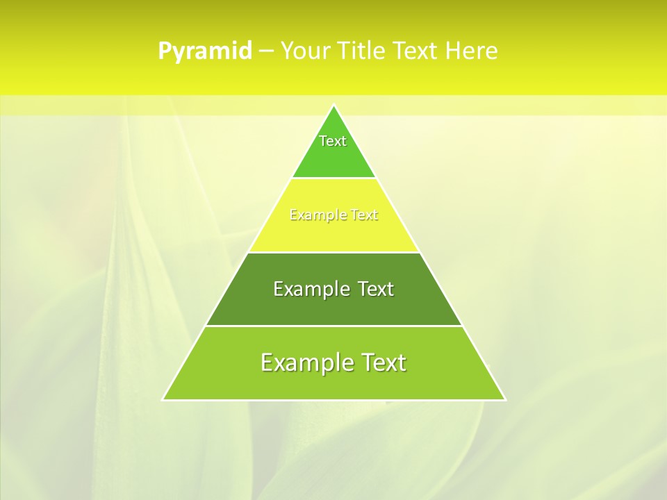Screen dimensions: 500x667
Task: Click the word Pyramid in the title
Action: point(205,51)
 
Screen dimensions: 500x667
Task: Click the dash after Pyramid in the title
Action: point(266,51)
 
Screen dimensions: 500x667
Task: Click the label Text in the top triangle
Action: point(333,141)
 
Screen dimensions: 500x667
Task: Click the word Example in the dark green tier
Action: point(310,289)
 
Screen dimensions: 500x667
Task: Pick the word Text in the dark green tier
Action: point(376,289)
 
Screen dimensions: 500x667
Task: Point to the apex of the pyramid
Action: point(333,106)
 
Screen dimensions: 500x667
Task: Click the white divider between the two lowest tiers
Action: point(333,326)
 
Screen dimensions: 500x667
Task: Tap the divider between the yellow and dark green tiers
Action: point(333,252)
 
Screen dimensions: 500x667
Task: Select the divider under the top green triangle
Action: point(333,178)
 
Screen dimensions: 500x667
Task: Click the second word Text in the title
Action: point(414,51)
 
